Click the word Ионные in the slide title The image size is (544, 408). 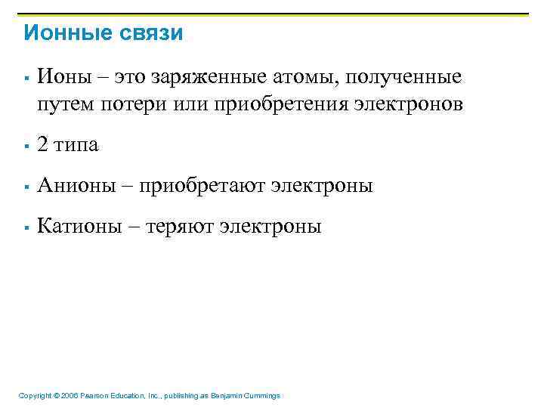click(64, 33)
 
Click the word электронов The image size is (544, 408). click(408, 104)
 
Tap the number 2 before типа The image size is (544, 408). click(43, 145)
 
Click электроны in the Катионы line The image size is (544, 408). click(270, 227)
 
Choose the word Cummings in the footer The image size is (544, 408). click(261, 396)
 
